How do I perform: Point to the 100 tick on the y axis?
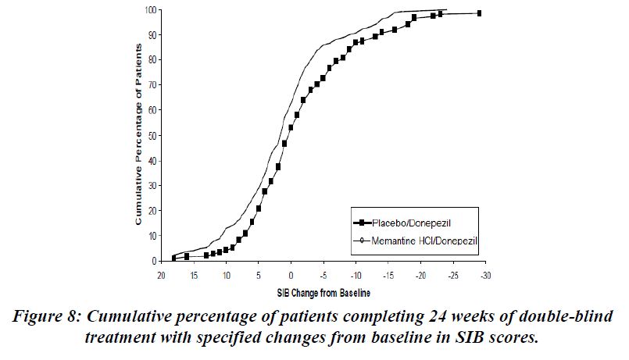coord(149,10)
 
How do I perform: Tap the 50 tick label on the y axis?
coord(151,135)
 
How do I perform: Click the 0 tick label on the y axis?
coord(153,261)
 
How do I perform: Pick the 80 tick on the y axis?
coord(151,60)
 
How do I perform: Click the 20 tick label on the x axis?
coord(160,275)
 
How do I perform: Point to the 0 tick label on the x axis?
coord(291,275)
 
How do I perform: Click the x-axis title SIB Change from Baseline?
coord(323,294)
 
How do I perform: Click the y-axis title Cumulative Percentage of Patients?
coord(138,135)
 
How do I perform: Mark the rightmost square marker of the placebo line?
coord(479,13)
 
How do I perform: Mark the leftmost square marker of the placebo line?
coord(174,258)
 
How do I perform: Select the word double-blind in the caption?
coord(566,317)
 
